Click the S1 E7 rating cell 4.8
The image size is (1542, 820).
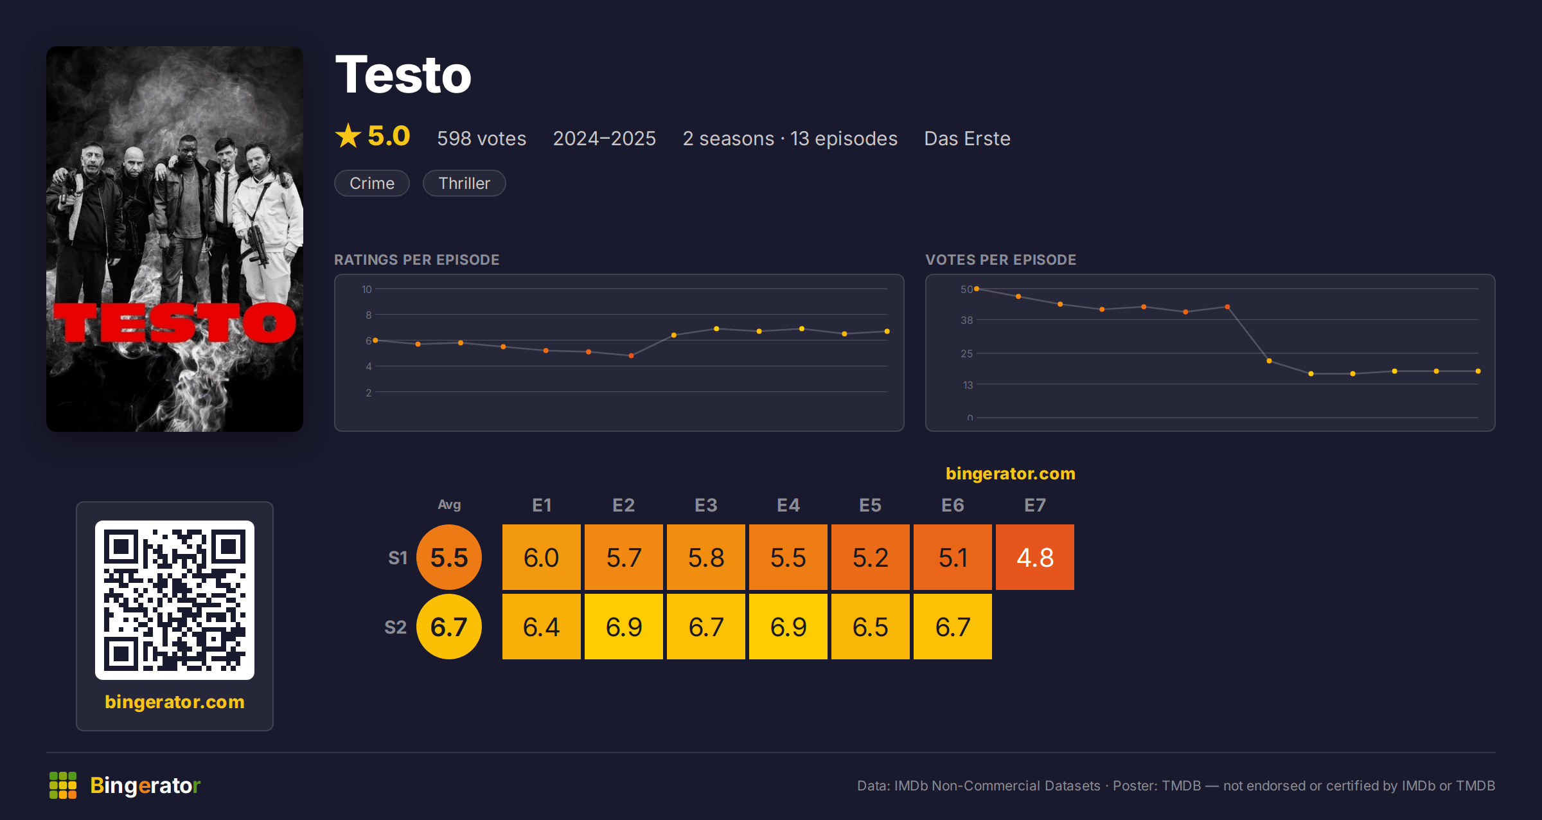coord(1034,557)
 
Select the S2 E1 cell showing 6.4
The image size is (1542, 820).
coord(541,627)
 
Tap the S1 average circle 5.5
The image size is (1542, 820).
coord(449,557)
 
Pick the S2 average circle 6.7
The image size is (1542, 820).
coord(449,627)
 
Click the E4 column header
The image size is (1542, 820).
coord(788,505)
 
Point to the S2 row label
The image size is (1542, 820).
coord(395,627)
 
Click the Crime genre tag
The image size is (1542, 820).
coord(372,183)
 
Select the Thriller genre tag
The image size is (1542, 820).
coord(464,183)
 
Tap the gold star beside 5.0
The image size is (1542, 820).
coord(348,136)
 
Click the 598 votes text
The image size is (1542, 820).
coord(481,138)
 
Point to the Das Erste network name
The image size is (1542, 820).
coord(967,138)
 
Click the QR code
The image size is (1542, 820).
coord(175,600)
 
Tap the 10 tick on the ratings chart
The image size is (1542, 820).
coord(367,289)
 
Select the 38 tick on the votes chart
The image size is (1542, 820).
coord(966,320)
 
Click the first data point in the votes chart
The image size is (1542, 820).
coord(977,289)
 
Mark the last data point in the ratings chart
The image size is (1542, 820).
coord(887,332)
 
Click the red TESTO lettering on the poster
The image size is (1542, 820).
coord(175,323)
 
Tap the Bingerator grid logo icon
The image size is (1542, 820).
coord(63,785)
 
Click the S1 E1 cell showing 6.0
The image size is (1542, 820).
coord(541,557)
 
